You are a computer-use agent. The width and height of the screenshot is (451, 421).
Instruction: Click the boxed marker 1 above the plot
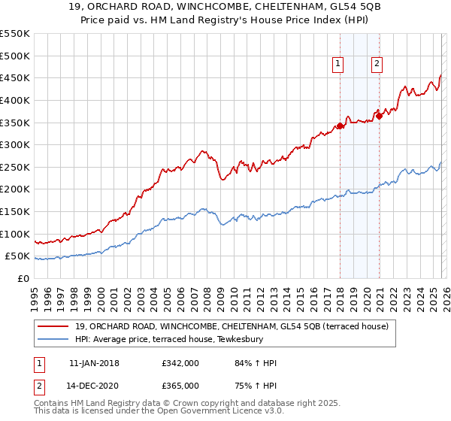[x=339, y=65]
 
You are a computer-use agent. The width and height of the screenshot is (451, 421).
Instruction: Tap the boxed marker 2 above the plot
[x=377, y=65]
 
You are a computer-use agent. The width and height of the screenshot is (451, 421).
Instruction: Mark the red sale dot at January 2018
[x=340, y=126]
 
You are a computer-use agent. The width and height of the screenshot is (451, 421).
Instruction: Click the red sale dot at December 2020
[x=380, y=116]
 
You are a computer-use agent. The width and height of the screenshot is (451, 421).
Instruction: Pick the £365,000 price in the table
[x=180, y=385]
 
